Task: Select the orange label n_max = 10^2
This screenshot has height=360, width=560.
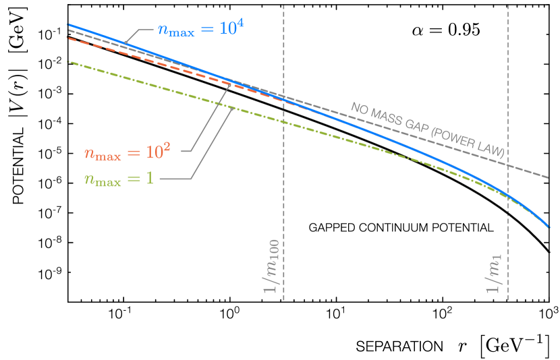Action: (127, 152)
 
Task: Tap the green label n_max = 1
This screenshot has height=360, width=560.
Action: (118, 179)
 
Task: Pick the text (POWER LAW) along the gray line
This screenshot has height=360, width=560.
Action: (467, 143)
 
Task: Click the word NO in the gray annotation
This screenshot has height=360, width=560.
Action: (358, 109)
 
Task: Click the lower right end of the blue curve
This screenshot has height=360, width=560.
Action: (549, 227)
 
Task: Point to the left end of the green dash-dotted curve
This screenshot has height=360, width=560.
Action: (68, 61)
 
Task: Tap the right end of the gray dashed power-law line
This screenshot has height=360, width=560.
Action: (549, 177)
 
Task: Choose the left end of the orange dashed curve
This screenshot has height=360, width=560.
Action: (68, 38)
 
